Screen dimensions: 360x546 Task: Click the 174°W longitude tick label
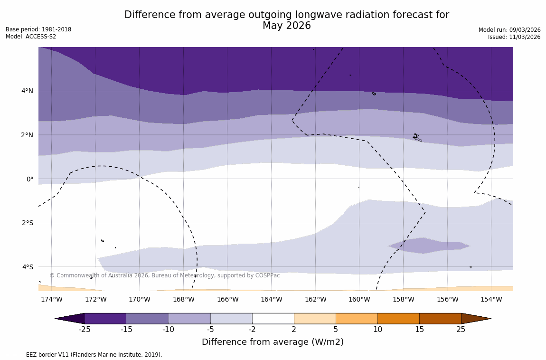pyautogui.click(x=51, y=299)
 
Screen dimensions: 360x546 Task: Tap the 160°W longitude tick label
pyautogui.click(x=359, y=299)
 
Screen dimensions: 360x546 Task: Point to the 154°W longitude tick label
pyautogui.click(x=491, y=299)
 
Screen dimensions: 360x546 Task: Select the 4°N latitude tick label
pyautogui.click(x=27, y=91)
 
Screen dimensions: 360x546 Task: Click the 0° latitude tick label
pyautogui.click(x=30, y=179)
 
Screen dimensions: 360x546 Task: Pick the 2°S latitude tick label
pyautogui.click(x=27, y=223)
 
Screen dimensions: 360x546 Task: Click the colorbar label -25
pyautogui.click(x=85, y=330)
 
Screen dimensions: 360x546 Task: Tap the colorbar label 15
pyautogui.click(x=419, y=330)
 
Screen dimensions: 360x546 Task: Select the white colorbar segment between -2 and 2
pyautogui.click(x=273, y=318)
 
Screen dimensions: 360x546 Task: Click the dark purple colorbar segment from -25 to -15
pyautogui.click(x=105, y=318)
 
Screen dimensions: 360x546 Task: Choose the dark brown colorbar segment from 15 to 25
pyautogui.click(x=440, y=318)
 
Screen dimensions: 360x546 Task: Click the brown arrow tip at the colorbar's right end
pyautogui.click(x=476, y=318)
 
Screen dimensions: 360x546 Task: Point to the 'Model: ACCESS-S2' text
pyautogui.click(x=31, y=37)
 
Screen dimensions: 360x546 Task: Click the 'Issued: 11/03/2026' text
pyautogui.click(x=514, y=37)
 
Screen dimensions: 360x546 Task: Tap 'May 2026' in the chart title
pyautogui.click(x=287, y=26)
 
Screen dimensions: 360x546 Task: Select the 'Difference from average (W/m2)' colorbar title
pyautogui.click(x=273, y=342)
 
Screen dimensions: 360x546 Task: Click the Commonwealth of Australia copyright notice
pyautogui.click(x=165, y=275)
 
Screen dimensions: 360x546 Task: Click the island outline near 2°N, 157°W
pyautogui.click(x=416, y=137)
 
